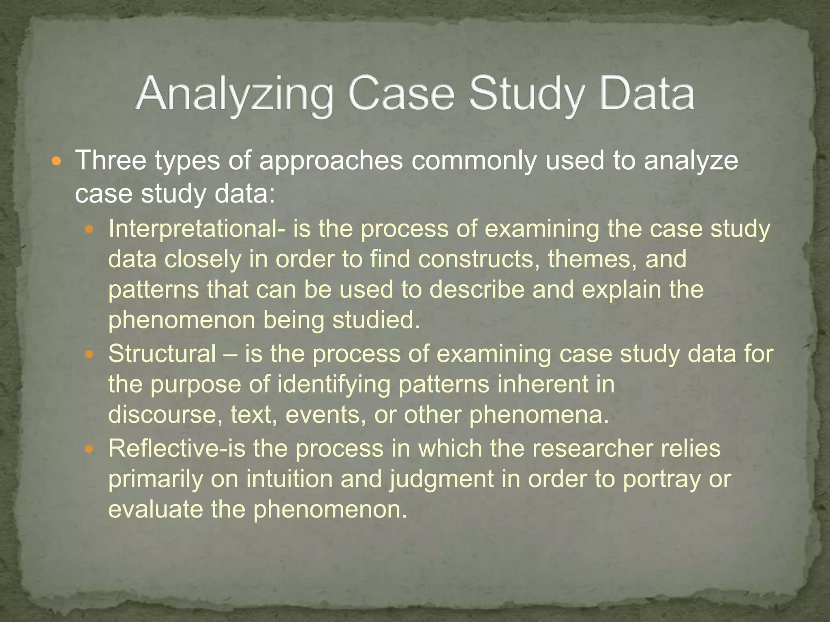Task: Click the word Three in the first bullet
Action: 111,160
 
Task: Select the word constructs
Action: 479,259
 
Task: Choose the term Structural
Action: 162,354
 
